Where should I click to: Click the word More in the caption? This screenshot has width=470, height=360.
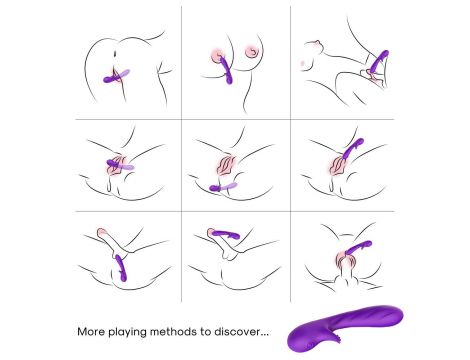click(x=91, y=332)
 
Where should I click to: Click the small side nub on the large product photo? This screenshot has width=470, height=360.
click(x=336, y=337)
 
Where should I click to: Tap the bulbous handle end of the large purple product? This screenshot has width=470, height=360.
click(x=303, y=338)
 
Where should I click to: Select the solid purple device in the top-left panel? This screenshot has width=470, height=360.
click(x=112, y=79)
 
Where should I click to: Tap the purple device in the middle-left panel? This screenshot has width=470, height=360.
click(x=116, y=163)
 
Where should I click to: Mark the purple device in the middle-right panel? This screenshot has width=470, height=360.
click(x=352, y=148)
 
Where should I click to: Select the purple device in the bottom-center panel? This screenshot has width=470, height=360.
click(x=226, y=234)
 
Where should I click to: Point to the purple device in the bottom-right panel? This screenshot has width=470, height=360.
click(x=358, y=248)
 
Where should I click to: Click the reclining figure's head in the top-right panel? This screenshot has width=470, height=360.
click(x=314, y=46)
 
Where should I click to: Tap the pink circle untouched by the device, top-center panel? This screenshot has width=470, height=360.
click(x=251, y=51)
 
